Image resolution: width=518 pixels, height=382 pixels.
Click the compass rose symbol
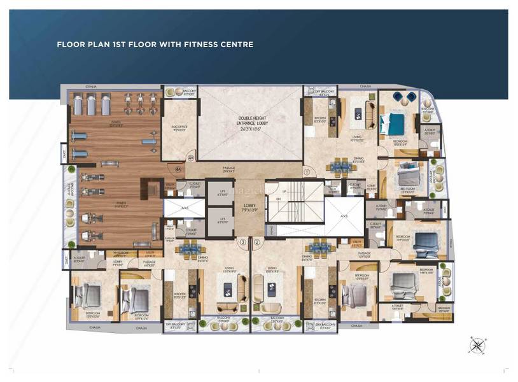476,344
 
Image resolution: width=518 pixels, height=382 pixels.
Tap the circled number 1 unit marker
306,171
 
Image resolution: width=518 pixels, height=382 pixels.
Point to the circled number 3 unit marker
242,242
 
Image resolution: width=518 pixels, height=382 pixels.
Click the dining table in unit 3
188,250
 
